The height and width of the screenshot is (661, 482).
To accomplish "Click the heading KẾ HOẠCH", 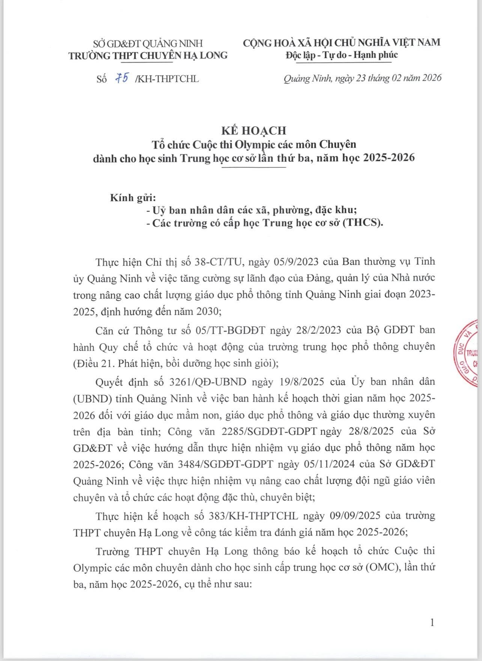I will click(x=253, y=130).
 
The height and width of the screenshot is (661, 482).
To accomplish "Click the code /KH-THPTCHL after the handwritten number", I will click(x=166, y=79).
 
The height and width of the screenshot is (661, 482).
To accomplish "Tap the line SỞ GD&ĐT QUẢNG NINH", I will click(x=148, y=43).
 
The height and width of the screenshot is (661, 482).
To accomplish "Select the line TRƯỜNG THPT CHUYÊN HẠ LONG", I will click(x=148, y=56).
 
